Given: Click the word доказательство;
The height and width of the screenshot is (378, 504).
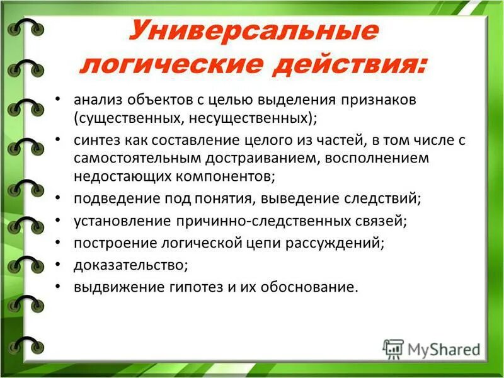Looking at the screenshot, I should pyautogui.click(x=130, y=265).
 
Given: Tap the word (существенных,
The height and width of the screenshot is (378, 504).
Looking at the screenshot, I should pyautogui.click(x=120, y=118).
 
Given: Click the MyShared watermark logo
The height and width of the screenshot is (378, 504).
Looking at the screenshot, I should pyautogui.click(x=432, y=348).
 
